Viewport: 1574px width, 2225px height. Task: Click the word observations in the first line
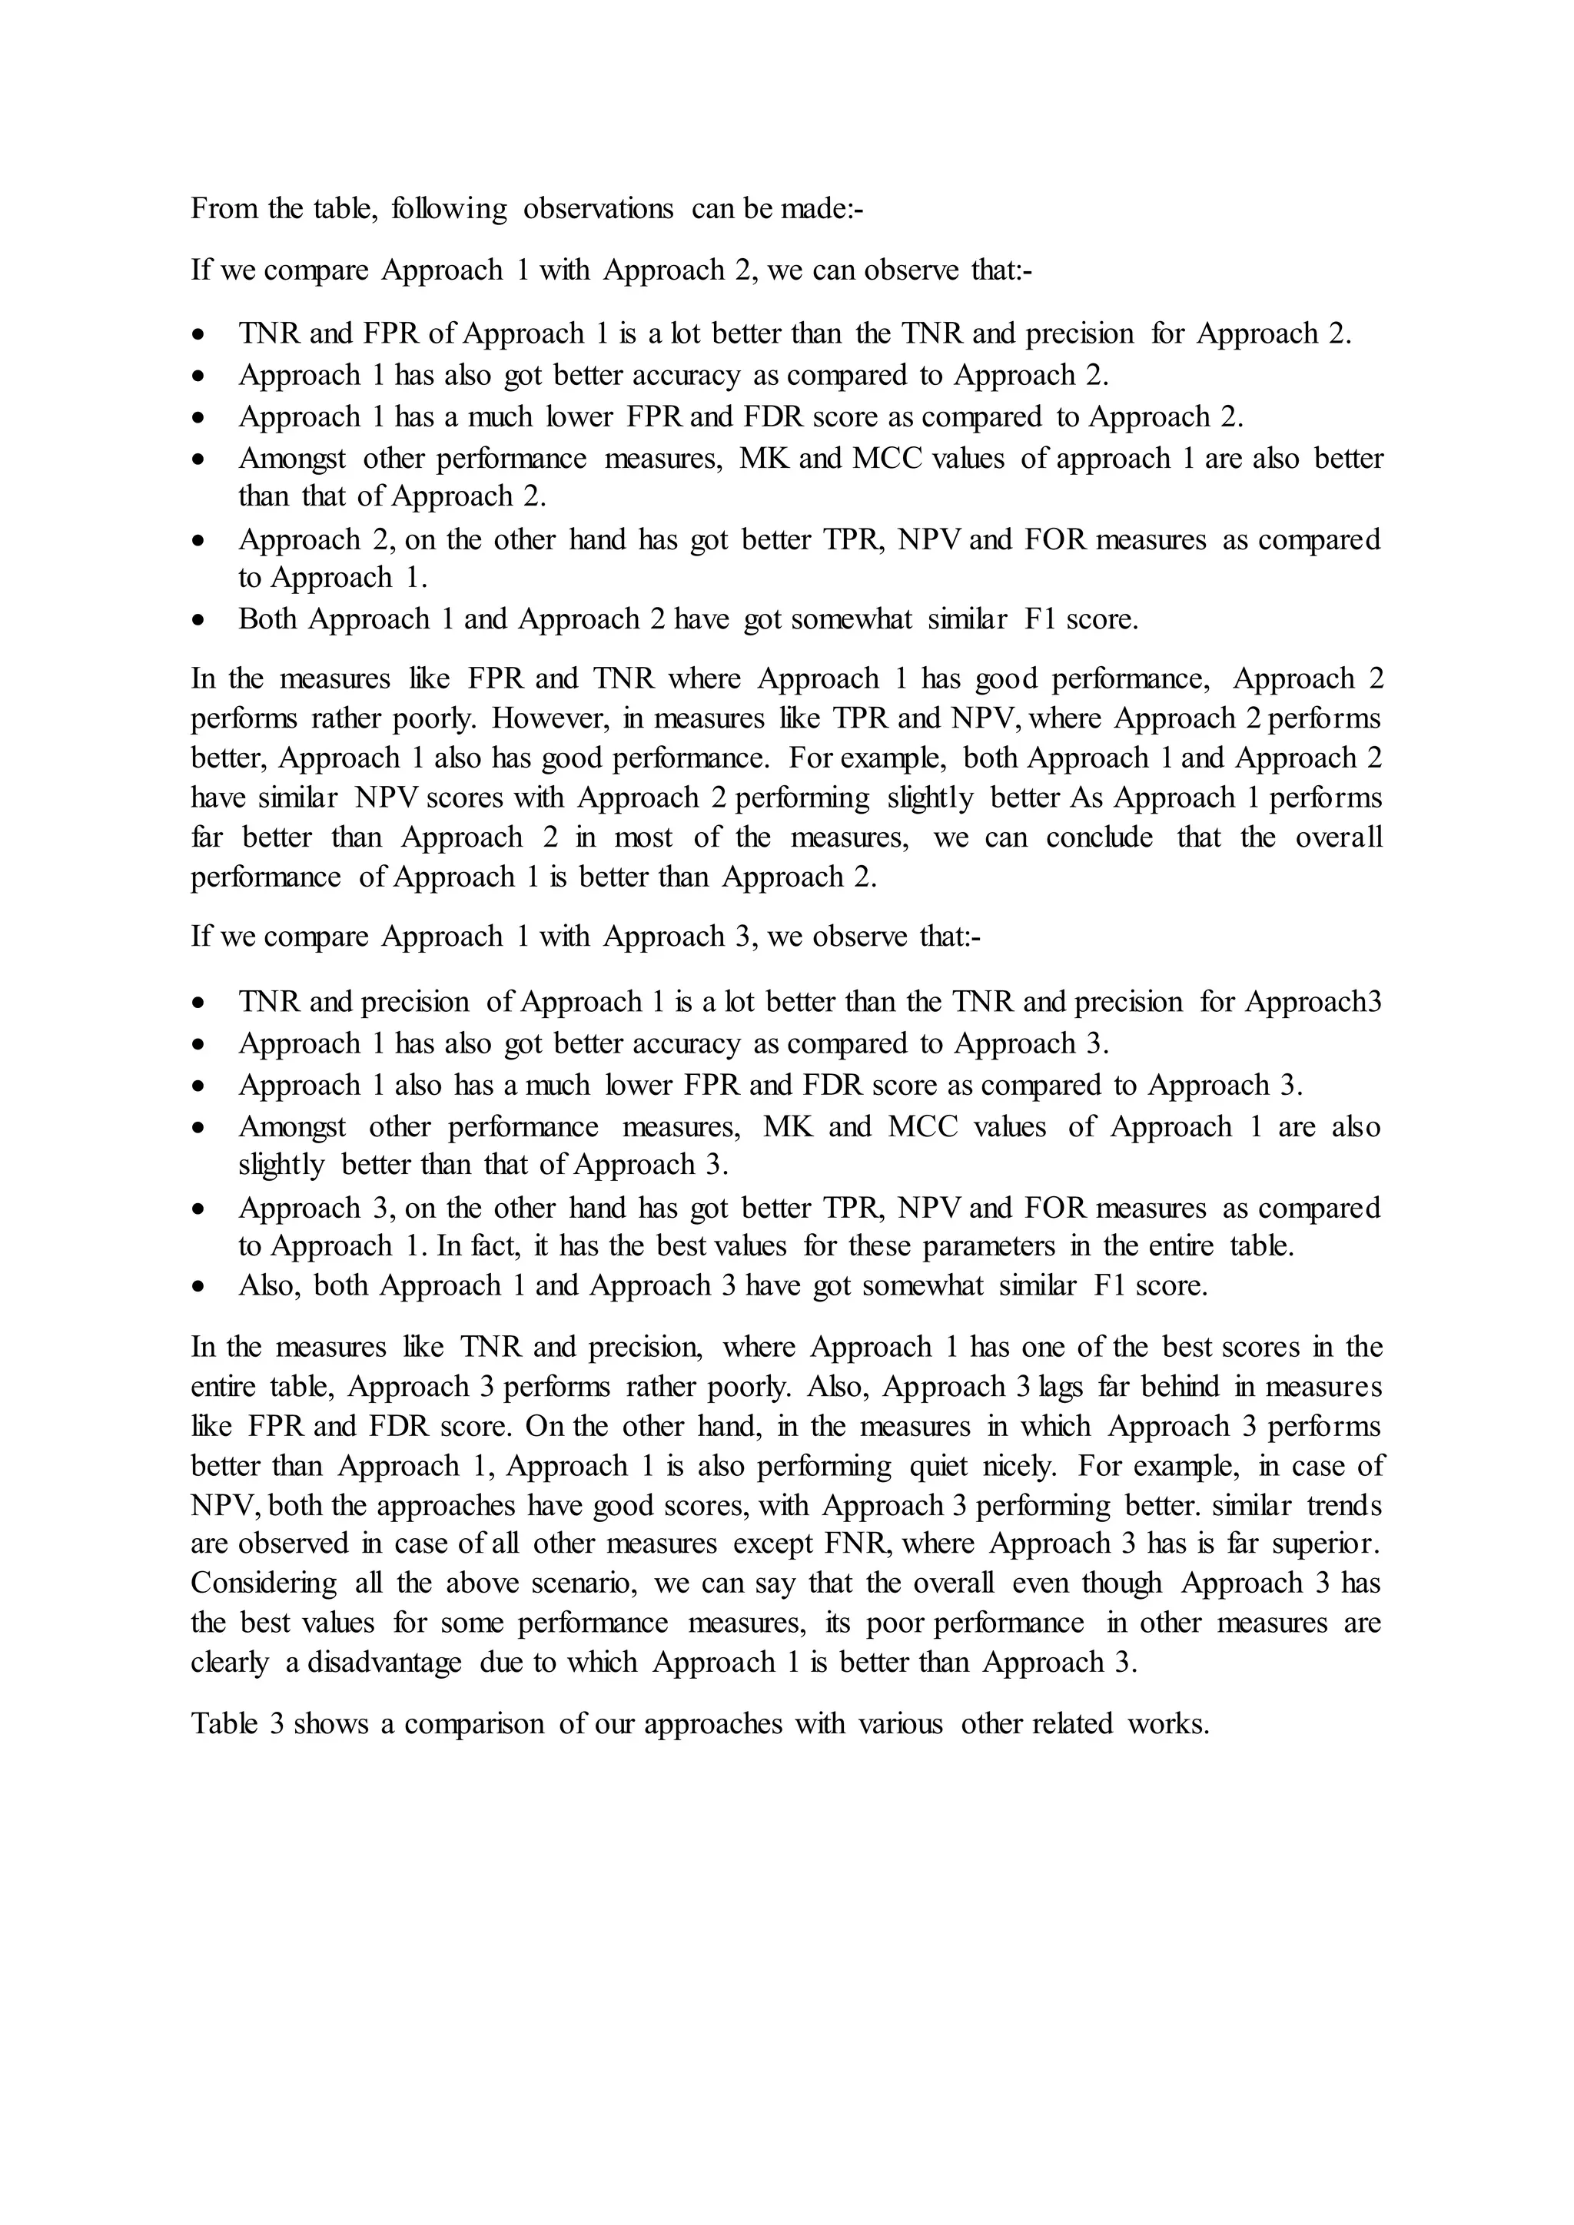597,208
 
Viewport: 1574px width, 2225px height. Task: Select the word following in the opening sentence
449,208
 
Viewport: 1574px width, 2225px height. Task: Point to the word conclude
1099,837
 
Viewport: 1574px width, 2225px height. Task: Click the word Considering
264,1583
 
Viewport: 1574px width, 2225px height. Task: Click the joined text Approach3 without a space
1313,1001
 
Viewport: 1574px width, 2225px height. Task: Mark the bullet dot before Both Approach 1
199,619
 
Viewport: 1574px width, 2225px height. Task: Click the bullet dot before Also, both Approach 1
199,1286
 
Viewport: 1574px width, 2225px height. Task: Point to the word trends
1344,1505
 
